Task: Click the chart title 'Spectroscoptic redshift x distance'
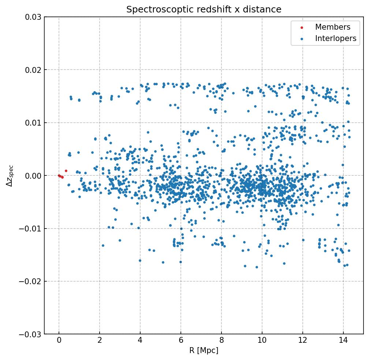[204, 10]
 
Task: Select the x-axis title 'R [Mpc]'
[204, 350]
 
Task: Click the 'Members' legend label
[333, 27]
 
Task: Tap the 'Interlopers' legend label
[336, 38]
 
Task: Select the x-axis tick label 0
[59, 341]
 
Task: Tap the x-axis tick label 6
[180, 341]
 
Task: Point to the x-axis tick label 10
[262, 341]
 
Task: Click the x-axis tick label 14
[343, 341]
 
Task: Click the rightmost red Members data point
[66, 171]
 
